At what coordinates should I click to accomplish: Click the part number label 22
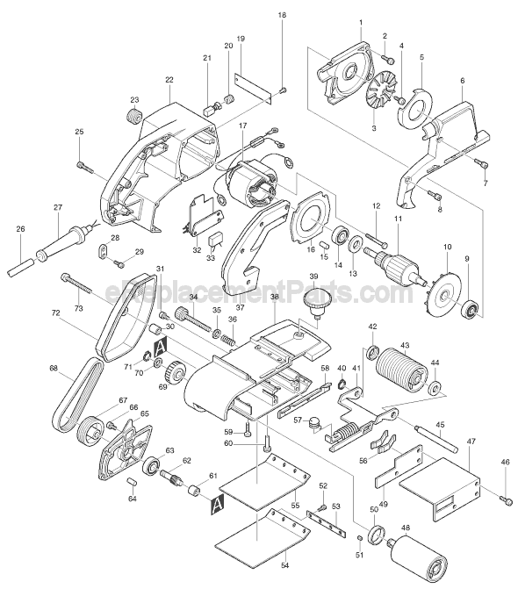169,80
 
